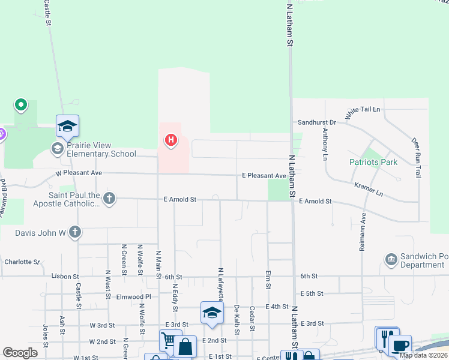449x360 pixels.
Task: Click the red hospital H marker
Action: [171, 141]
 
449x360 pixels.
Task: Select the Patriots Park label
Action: [373, 162]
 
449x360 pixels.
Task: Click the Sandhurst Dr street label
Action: [317, 122]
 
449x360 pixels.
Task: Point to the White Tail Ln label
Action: [363, 112]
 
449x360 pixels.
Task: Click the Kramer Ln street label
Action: [368, 189]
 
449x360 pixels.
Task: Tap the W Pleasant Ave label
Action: [79, 173]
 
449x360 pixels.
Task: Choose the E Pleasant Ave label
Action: [264, 176]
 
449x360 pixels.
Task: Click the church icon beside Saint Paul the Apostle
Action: [109, 199]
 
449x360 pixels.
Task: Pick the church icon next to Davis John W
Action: [74, 232]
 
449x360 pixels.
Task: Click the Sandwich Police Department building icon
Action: [391, 260]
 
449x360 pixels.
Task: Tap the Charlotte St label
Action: [22, 262]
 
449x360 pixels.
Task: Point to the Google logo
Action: [20, 353]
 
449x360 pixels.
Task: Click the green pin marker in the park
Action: [21, 106]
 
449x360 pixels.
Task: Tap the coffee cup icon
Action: [400, 346]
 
